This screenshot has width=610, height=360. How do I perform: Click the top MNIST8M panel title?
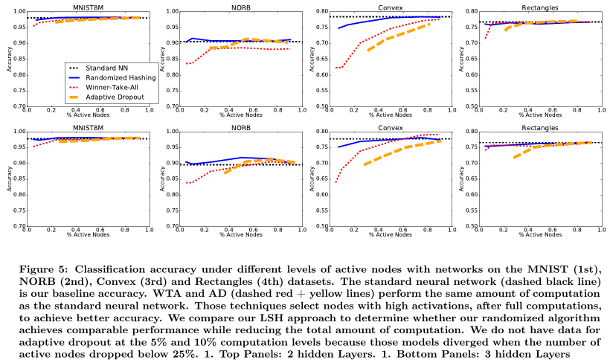[x=89, y=7]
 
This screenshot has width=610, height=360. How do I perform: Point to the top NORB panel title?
[x=240, y=7]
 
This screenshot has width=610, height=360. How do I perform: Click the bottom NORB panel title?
[x=240, y=127]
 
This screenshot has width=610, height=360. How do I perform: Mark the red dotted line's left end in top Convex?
[x=336, y=68]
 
